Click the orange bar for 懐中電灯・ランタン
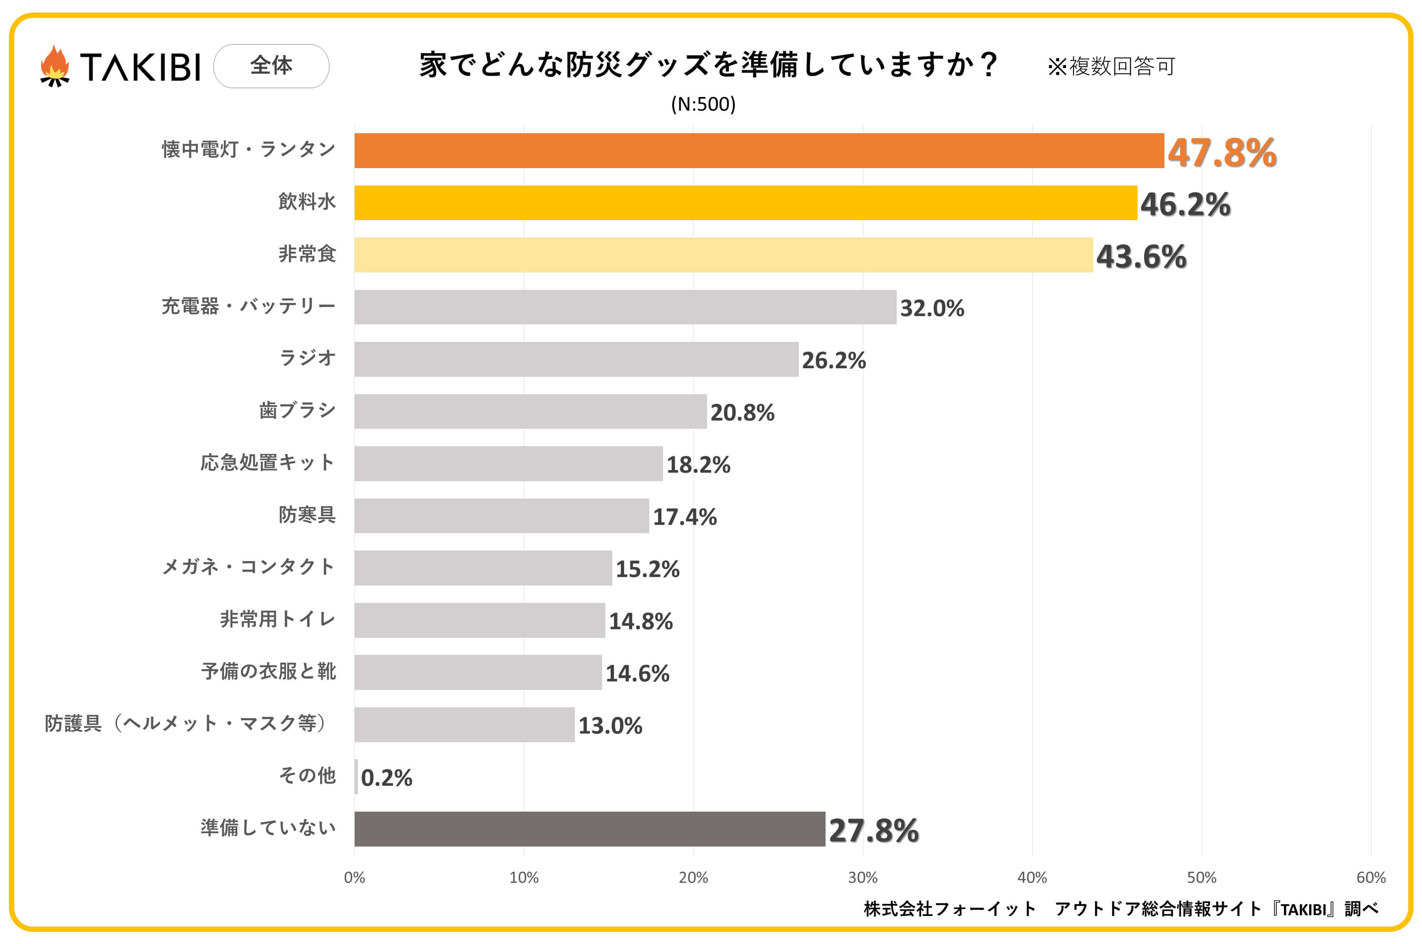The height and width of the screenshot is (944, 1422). point(759,151)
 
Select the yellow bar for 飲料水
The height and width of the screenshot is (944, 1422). point(746,203)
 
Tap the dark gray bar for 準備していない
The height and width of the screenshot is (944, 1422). point(590,829)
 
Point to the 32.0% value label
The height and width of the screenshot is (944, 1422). point(932,308)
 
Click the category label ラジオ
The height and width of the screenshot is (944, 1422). point(307,358)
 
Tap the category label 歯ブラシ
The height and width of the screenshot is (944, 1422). point(297,410)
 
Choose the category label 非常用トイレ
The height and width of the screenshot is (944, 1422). point(277,619)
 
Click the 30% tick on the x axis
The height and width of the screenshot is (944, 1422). point(863,878)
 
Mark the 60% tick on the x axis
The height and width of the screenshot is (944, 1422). point(1371,878)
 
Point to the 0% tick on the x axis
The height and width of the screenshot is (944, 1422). point(354,878)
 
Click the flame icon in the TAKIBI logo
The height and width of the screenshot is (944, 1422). point(55,66)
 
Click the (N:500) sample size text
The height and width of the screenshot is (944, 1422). point(703,104)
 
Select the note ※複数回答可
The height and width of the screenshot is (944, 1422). point(1111,66)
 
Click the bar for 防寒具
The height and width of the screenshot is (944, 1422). point(502,515)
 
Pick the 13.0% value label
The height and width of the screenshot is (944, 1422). point(610,726)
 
